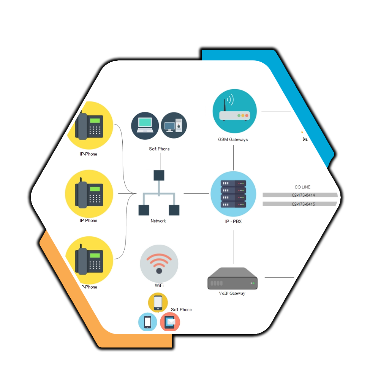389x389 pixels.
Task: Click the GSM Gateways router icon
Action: (x=235, y=111)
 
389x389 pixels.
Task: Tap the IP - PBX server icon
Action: (x=233, y=194)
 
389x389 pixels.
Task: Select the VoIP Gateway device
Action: (x=232, y=279)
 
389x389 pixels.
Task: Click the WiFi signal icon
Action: (x=159, y=262)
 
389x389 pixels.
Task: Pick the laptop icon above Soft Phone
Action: (x=145, y=125)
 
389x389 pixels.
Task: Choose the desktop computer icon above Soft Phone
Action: (x=174, y=125)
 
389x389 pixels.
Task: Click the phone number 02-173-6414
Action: (x=303, y=195)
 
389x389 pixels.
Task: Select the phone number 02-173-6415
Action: (x=303, y=204)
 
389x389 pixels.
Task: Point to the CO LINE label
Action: (x=302, y=187)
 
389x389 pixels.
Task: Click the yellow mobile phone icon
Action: (x=158, y=302)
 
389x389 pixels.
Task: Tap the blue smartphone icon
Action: (x=147, y=322)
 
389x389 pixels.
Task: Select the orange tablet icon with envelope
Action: (x=170, y=322)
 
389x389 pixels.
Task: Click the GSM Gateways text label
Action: (x=232, y=140)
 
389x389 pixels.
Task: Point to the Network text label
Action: (x=158, y=221)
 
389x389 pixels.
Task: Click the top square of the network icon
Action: (x=159, y=175)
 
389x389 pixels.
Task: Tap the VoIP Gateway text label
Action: (x=232, y=293)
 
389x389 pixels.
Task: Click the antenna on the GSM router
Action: (x=225, y=104)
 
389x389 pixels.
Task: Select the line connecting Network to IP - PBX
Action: (x=196, y=194)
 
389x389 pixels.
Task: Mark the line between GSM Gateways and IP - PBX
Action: (x=233, y=157)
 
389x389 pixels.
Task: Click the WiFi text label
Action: (x=159, y=285)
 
